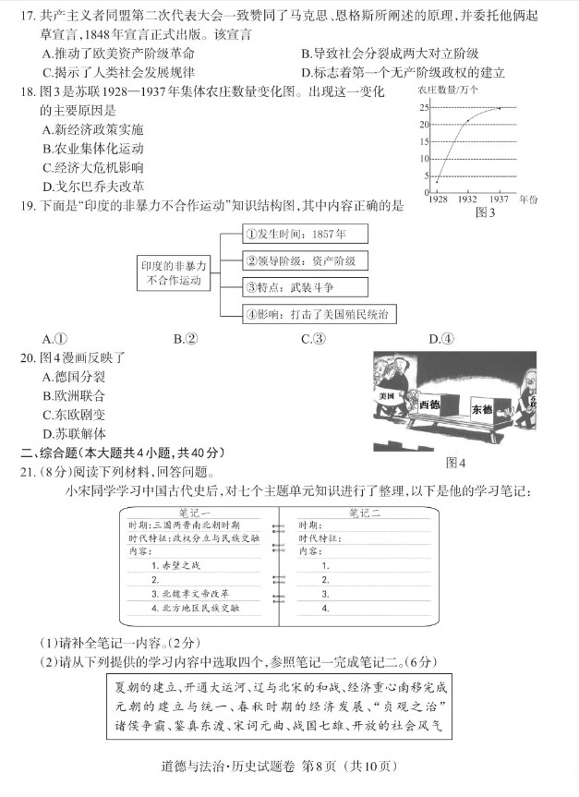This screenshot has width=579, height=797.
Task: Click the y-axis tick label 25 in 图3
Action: pyautogui.click(x=424, y=108)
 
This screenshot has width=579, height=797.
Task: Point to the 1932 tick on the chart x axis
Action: pyautogui.click(x=467, y=199)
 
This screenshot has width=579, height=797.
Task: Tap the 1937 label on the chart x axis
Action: pyautogui.click(x=500, y=199)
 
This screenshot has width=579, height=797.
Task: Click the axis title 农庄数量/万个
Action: pyautogui.click(x=448, y=90)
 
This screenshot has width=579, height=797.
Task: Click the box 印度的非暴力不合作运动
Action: pyautogui.click(x=174, y=272)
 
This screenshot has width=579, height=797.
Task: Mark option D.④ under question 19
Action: pyautogui.click(x=441, y=339)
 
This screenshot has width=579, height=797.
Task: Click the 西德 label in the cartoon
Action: pyautogui.click(x=430, y=405)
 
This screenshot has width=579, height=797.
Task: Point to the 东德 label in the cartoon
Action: pyautogui.click(x=481, y=408)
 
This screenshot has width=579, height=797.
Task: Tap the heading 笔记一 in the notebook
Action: pyautogui.click(x=194, y=513)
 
